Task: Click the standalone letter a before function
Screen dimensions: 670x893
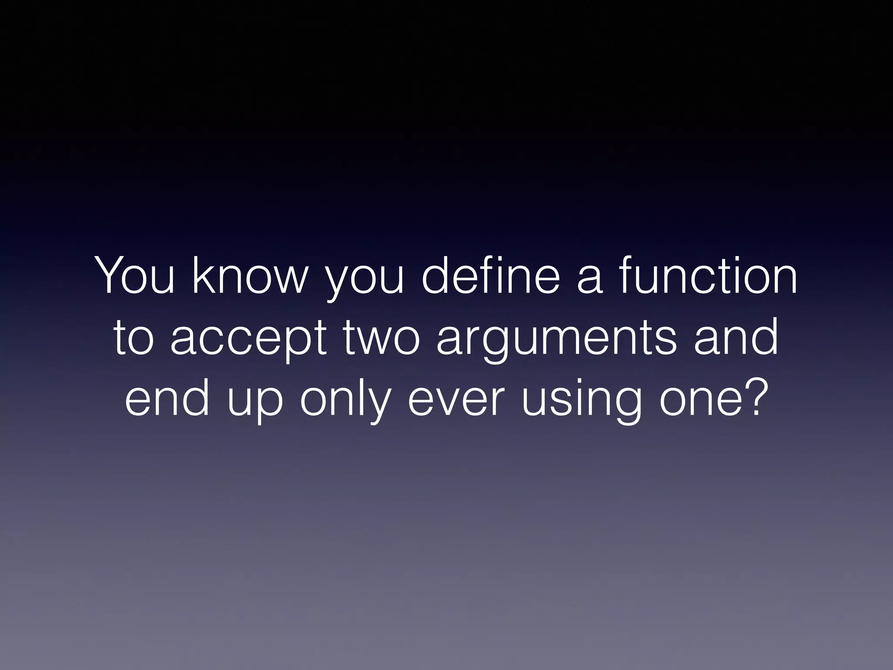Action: tap(590, 281)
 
